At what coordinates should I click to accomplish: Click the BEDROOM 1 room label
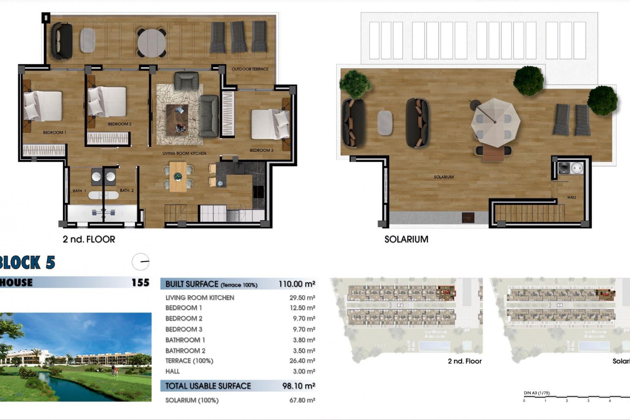coord(54,133)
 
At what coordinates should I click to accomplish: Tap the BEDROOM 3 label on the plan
coord(261,150)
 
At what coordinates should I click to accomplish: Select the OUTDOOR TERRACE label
coord(250,69)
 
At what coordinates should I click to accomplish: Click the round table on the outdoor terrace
coord(152,43)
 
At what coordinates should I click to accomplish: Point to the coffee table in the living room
coord(177,120)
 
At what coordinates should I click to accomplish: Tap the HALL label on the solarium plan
coord(572,198)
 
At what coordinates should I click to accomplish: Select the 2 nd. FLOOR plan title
coord(89,240)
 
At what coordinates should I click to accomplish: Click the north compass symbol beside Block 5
coord(140,262)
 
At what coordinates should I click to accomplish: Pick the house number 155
coord(140,283)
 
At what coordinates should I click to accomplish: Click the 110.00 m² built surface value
coord(297,284)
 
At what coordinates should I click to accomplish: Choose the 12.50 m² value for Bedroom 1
coord(302,308)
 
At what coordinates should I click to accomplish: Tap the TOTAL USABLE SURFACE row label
coord(208,386)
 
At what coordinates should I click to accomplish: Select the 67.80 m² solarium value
coord(302,400)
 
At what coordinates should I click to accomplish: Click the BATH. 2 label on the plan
coord(127,191)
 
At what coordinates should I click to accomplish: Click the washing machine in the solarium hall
coord(564,168)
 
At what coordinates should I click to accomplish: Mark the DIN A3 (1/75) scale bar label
coord(536,393)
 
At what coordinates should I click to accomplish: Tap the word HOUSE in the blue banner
coord(16,283)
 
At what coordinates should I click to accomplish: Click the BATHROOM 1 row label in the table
coord(185,340)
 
